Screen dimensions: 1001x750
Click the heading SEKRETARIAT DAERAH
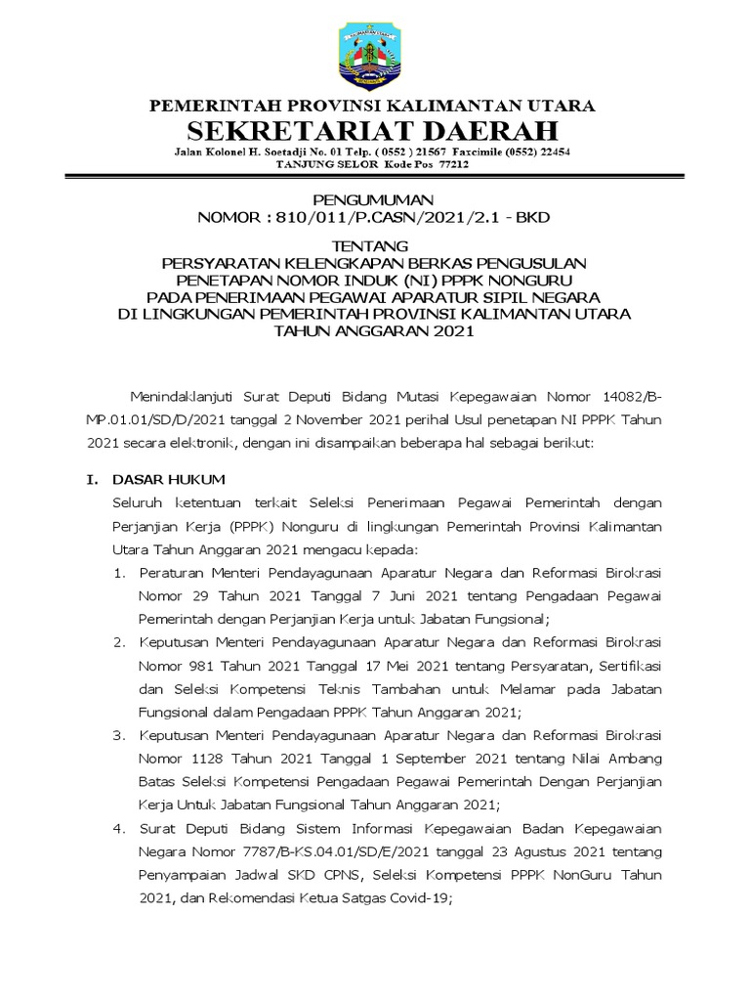(x=374, y=131)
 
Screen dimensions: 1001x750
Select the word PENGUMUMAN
(x=374, y=199)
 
